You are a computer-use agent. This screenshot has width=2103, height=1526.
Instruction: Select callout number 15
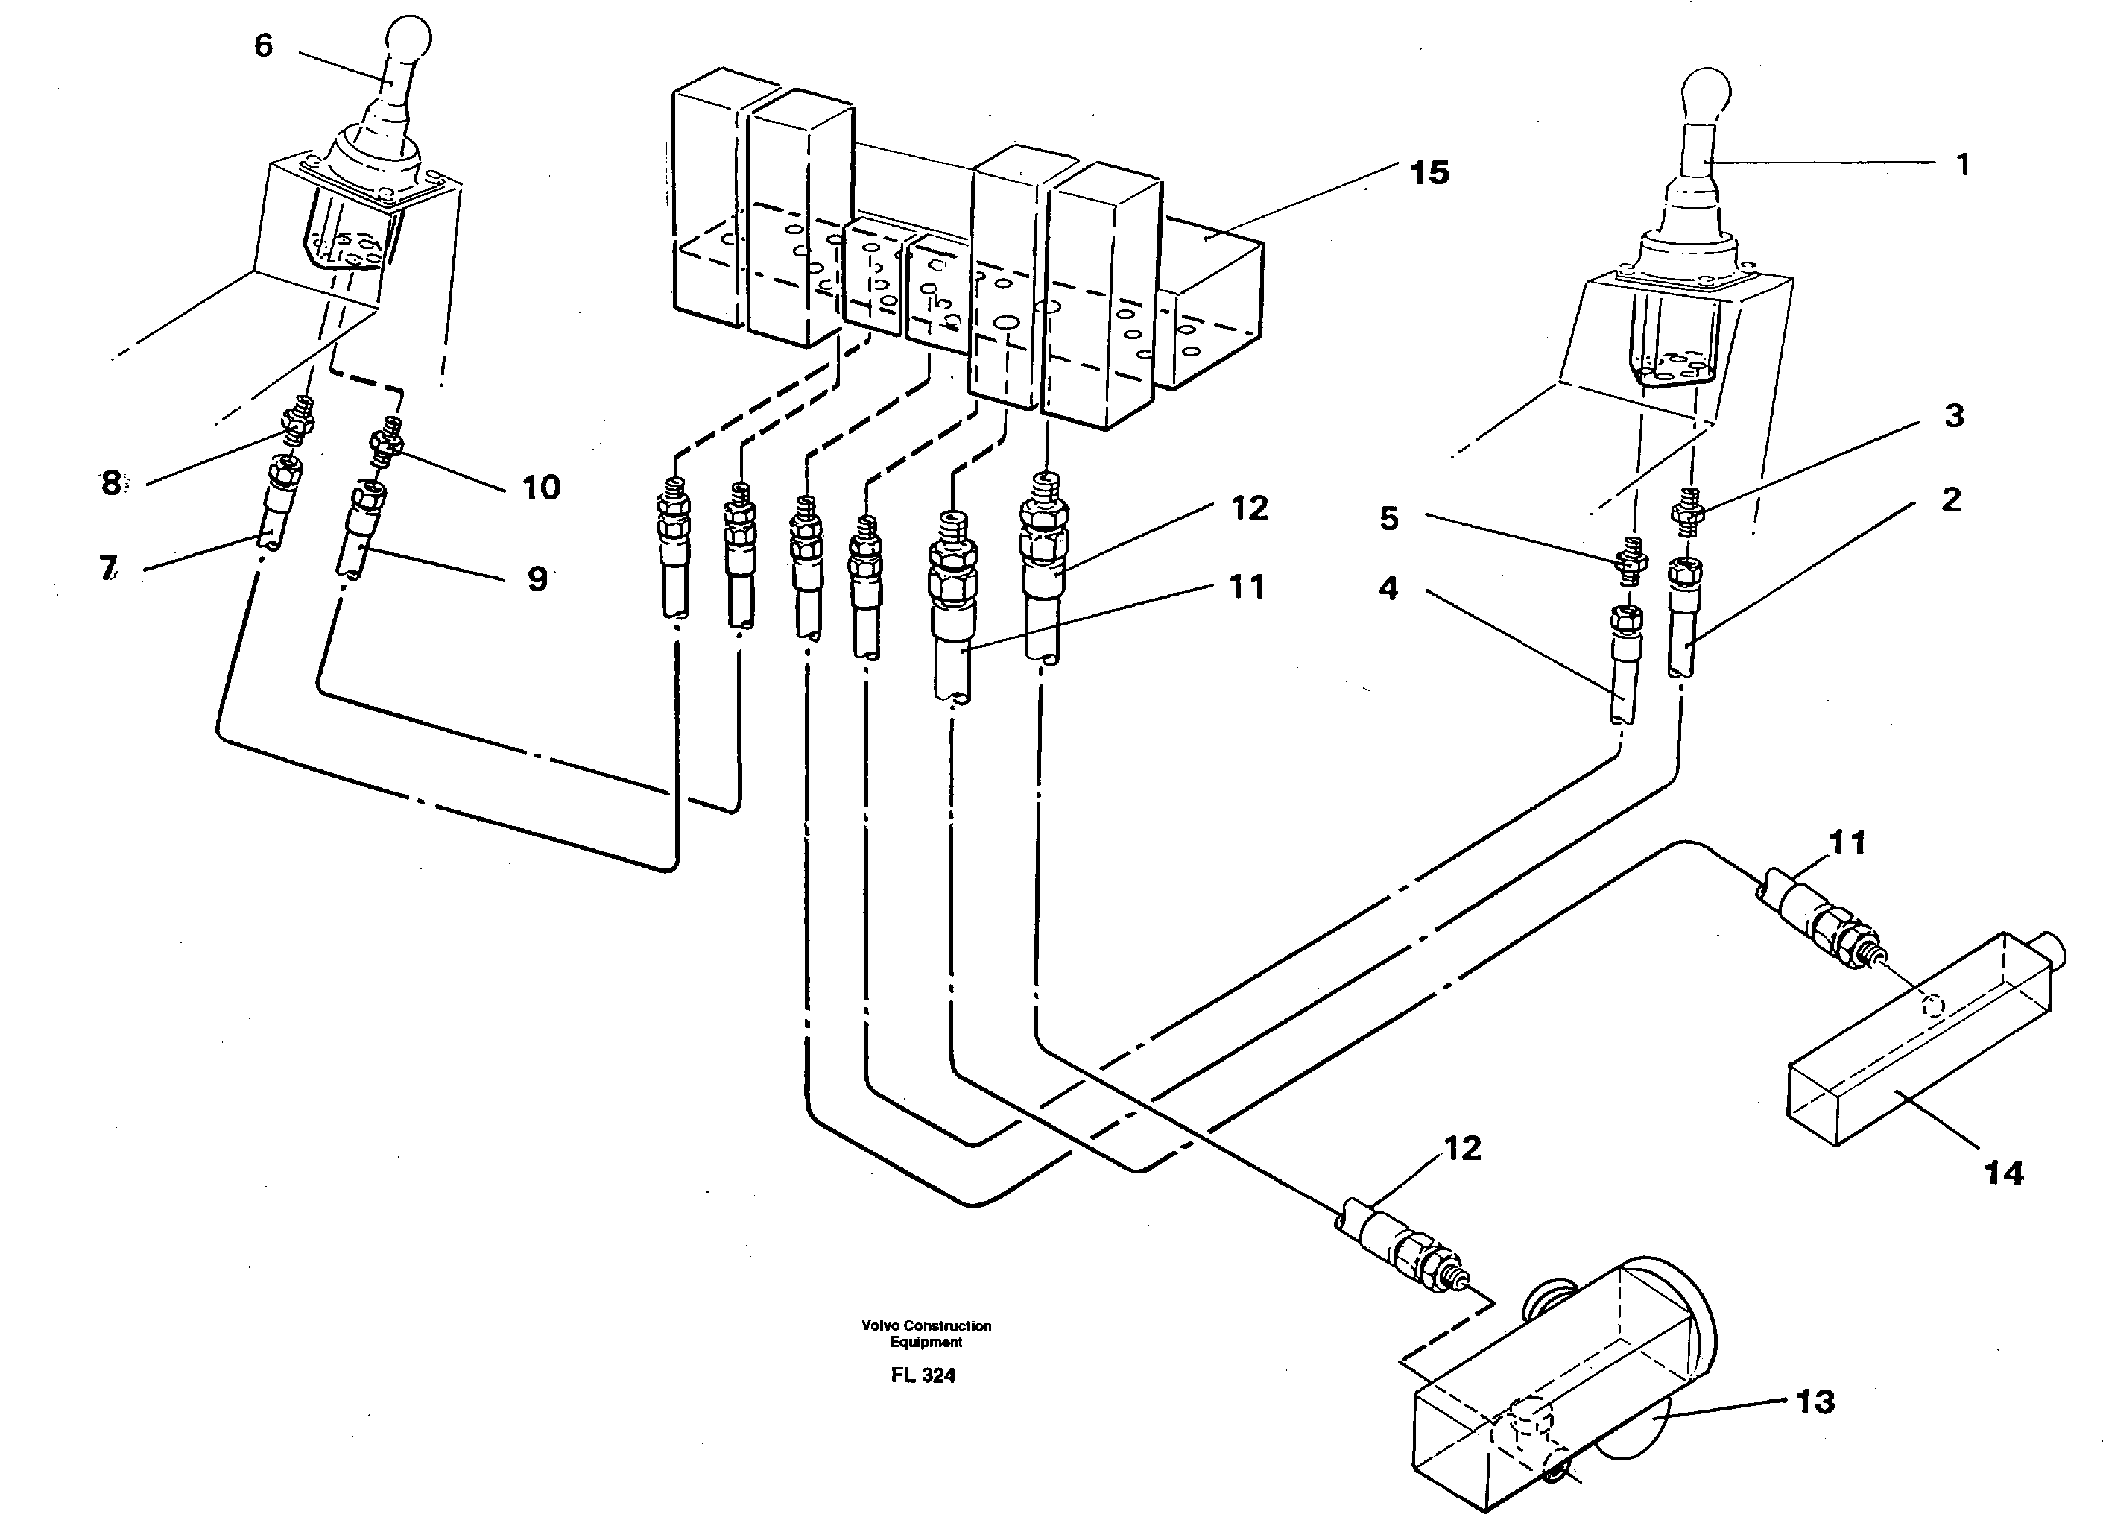[1429, 172]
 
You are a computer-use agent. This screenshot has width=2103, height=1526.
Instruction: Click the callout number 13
[1815, 1402]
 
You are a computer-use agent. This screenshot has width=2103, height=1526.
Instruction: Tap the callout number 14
[2004, 1173]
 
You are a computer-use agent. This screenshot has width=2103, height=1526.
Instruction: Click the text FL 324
[923, 1375]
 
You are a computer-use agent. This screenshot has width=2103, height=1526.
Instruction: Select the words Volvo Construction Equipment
[926, 1333]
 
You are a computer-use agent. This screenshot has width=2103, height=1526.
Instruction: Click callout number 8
[111, 482]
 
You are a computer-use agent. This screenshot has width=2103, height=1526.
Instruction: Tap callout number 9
[537, 578]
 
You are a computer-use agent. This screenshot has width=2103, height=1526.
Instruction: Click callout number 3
[1954, 415]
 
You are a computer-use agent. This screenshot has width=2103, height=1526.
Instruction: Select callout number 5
[1388, 517]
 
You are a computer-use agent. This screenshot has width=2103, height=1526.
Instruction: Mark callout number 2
[1951, 499]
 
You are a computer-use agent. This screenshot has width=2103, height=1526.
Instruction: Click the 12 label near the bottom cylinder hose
[1462, 1149]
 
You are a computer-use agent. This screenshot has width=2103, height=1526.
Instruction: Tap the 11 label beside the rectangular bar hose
[1846, 842]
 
